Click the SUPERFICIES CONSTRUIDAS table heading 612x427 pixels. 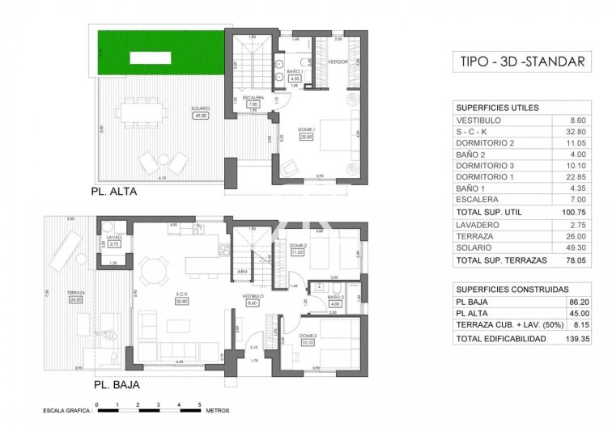[510, 290]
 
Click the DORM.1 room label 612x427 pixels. [307, 131]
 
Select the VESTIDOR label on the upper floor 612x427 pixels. [338, 61]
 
